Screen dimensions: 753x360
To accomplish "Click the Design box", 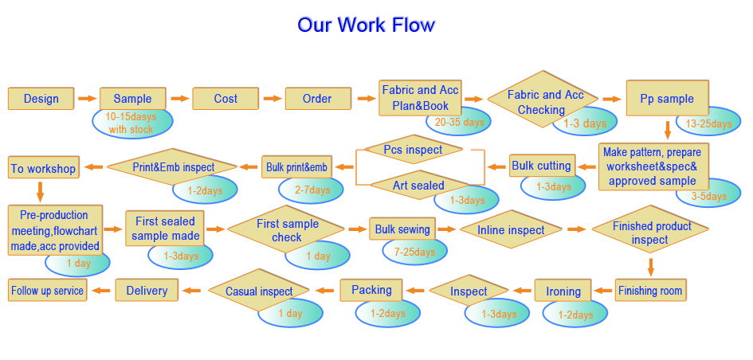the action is point(41,99).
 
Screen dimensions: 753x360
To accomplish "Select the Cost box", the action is point(226,99).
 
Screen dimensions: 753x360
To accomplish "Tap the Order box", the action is point(318,99).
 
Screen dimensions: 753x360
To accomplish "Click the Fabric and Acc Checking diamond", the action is point(543,99).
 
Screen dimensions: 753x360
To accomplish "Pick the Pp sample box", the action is point(667,98).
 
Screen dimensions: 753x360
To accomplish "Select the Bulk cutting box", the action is point(542,166).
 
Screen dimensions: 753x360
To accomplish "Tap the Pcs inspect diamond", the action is point(413,149).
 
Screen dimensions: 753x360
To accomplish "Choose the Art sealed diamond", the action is point(418,186).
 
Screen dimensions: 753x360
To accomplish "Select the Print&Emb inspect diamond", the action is point(172,167).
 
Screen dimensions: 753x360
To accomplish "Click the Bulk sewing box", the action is point(402,229).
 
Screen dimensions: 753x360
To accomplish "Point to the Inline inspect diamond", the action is point(511,229).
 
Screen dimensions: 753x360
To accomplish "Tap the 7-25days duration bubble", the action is point(415,252).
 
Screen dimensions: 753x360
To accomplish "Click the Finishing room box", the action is point(650,290).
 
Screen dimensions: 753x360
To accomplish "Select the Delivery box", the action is point(147,290).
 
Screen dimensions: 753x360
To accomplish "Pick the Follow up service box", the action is point(48,290).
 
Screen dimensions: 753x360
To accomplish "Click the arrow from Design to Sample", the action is point(87,99).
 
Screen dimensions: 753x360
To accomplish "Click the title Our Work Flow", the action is point(366,25).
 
